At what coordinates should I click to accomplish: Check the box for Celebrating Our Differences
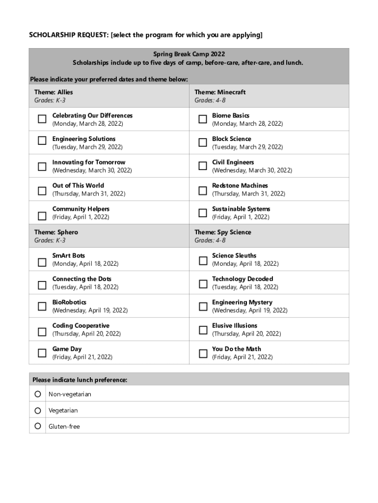pos(42,119)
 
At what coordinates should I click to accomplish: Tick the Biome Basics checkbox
pos(202,119)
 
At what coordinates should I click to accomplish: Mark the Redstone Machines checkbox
pos(202,190)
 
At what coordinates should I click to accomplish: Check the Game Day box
pos(42,353)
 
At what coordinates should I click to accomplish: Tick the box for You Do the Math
pos(202,353)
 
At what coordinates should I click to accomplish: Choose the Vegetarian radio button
pos(38,410)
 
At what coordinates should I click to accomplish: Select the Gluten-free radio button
pos(38,426)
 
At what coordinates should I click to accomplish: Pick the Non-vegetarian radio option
pos(38,394)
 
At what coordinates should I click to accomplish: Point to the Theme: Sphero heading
pos(56,232)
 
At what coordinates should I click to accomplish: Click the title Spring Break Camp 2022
pos(189,54)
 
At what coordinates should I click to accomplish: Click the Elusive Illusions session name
pos(235,325)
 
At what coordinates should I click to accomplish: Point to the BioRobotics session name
pos(69,302)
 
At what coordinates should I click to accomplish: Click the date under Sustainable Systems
pos(241,217)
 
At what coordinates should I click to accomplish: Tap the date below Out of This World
pos(89,194)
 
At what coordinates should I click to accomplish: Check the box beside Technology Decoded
pos(202,283)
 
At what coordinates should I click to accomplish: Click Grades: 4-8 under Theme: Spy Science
pos(210,240)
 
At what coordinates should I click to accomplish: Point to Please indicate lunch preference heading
pos(80,380)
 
